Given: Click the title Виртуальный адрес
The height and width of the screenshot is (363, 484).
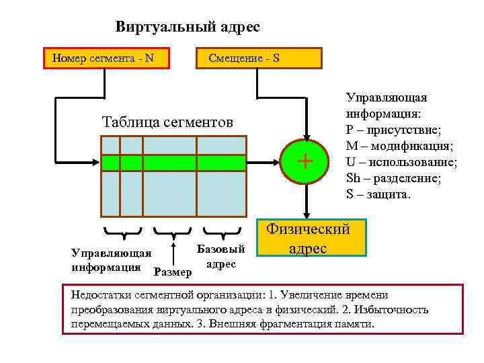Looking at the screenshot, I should [x=187, y=27].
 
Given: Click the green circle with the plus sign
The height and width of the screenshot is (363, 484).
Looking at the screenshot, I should [x=305, y=161].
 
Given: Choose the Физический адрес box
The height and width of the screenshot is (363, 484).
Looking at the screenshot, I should [x=309, y=238].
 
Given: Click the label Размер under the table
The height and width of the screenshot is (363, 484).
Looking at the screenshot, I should [x=173, y=272].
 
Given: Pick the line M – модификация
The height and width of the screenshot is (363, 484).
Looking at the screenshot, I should [x=399, y=146].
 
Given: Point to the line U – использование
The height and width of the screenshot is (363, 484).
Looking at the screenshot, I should [x=401, y=162].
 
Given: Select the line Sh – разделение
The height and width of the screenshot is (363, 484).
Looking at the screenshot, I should [x=395, y=178].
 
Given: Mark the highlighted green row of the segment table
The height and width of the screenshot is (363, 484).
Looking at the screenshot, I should [x=173, y=163].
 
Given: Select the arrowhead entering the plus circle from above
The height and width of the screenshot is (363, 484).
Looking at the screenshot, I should [x=305, y=136].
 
